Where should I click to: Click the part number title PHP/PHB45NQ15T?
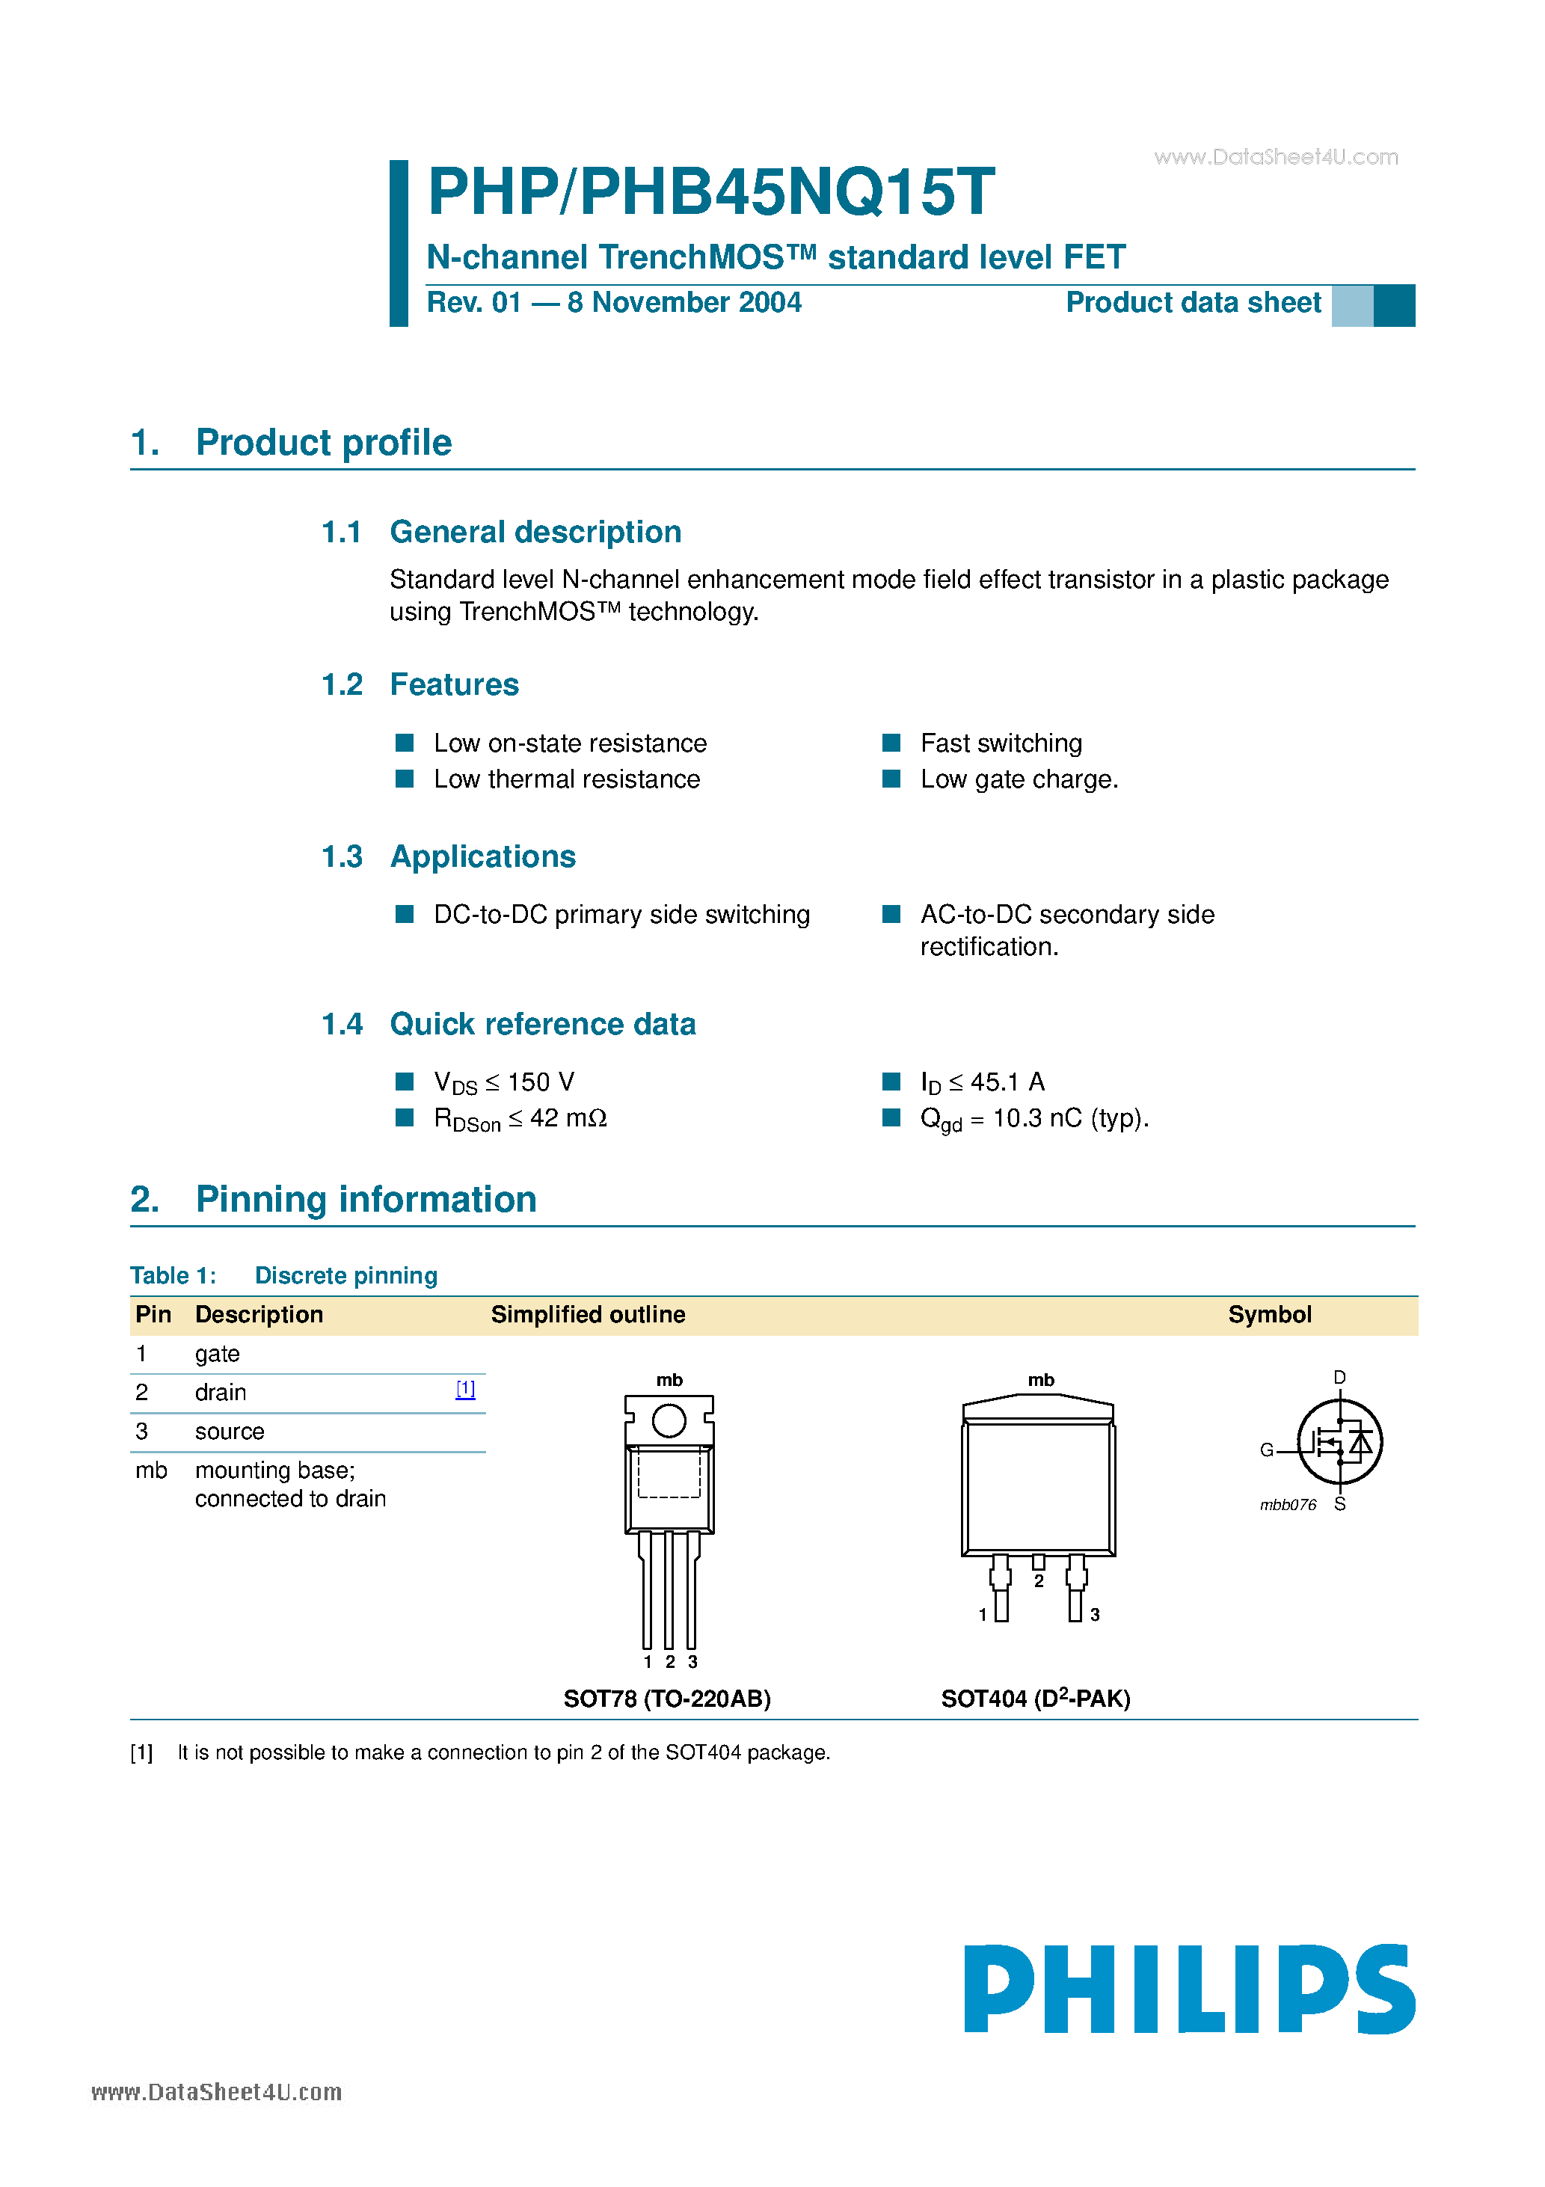(710, 191)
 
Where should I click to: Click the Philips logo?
(1189, 1989)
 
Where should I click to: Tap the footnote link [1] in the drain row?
(465, 1389)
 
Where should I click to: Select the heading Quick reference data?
(542, 1024)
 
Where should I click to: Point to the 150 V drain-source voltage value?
(540, 1082)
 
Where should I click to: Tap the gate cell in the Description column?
(217, 1354)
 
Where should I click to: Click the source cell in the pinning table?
(230, 1432)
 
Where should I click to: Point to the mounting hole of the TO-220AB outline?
(669, 1421)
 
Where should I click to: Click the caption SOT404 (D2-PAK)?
(1036, 1699)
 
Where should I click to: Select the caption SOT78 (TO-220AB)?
(667, 1699)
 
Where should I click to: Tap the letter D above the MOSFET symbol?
(1339, 1378)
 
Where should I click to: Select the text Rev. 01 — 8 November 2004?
(613, 303)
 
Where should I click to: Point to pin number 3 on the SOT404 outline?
(1095, 1615)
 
